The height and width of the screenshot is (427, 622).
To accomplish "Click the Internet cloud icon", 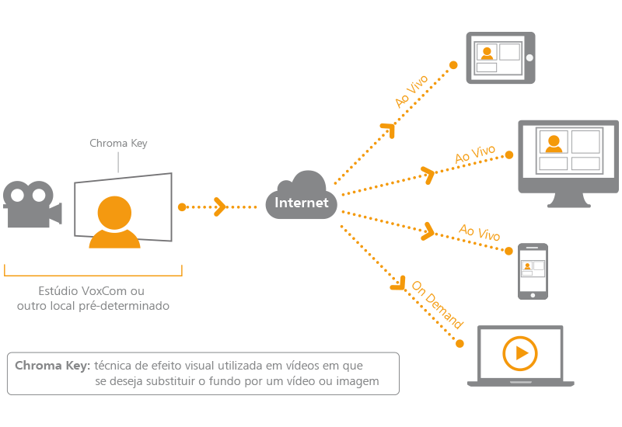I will tap(302, 197).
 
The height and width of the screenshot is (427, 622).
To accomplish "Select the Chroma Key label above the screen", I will tap(118, 144).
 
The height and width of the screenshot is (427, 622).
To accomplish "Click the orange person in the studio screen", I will tap(115, 223).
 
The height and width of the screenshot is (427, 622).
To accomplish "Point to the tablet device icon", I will tap(500, 57).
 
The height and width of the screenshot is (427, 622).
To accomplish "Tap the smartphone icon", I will tap(533, 271).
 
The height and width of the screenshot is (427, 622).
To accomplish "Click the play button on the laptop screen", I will tap(519, 354).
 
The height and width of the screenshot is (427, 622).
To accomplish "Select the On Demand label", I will tap(437, 305).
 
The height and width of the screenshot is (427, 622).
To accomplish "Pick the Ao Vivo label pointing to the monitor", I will tap(474, 154).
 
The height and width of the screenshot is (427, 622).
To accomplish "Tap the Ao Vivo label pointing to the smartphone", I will tap(479, 231).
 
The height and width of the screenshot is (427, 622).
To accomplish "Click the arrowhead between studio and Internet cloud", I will tap(220, 207).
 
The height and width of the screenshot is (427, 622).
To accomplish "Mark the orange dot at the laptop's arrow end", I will tap(460, 342).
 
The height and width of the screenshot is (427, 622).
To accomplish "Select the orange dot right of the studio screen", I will tap(181, 207).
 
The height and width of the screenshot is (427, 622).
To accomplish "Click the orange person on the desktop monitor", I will tap(554, 144).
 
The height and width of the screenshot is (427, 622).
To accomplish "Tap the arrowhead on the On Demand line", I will tap(400, 285).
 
